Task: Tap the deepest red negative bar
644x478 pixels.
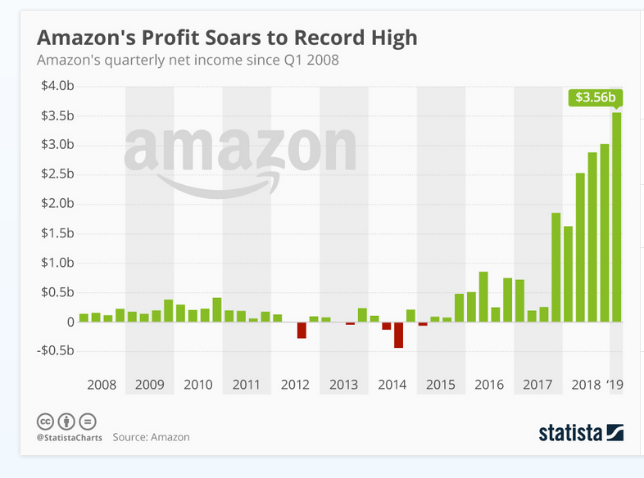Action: (x=398, y=335)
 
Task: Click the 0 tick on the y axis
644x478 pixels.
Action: (x=71, y=322)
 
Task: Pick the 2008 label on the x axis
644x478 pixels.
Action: (x=101, y=385)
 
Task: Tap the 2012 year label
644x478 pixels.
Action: (x=295, y=385)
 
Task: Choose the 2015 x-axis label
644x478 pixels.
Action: (x=441, y=385)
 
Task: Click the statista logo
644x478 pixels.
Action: (x=581, y=431)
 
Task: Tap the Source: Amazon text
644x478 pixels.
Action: (x=151, y=437)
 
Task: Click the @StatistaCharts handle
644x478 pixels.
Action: (x=67, y=438)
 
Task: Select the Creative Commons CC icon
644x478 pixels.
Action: (x=46, y=422)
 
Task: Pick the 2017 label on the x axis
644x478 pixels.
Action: (x=537, y=385)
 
